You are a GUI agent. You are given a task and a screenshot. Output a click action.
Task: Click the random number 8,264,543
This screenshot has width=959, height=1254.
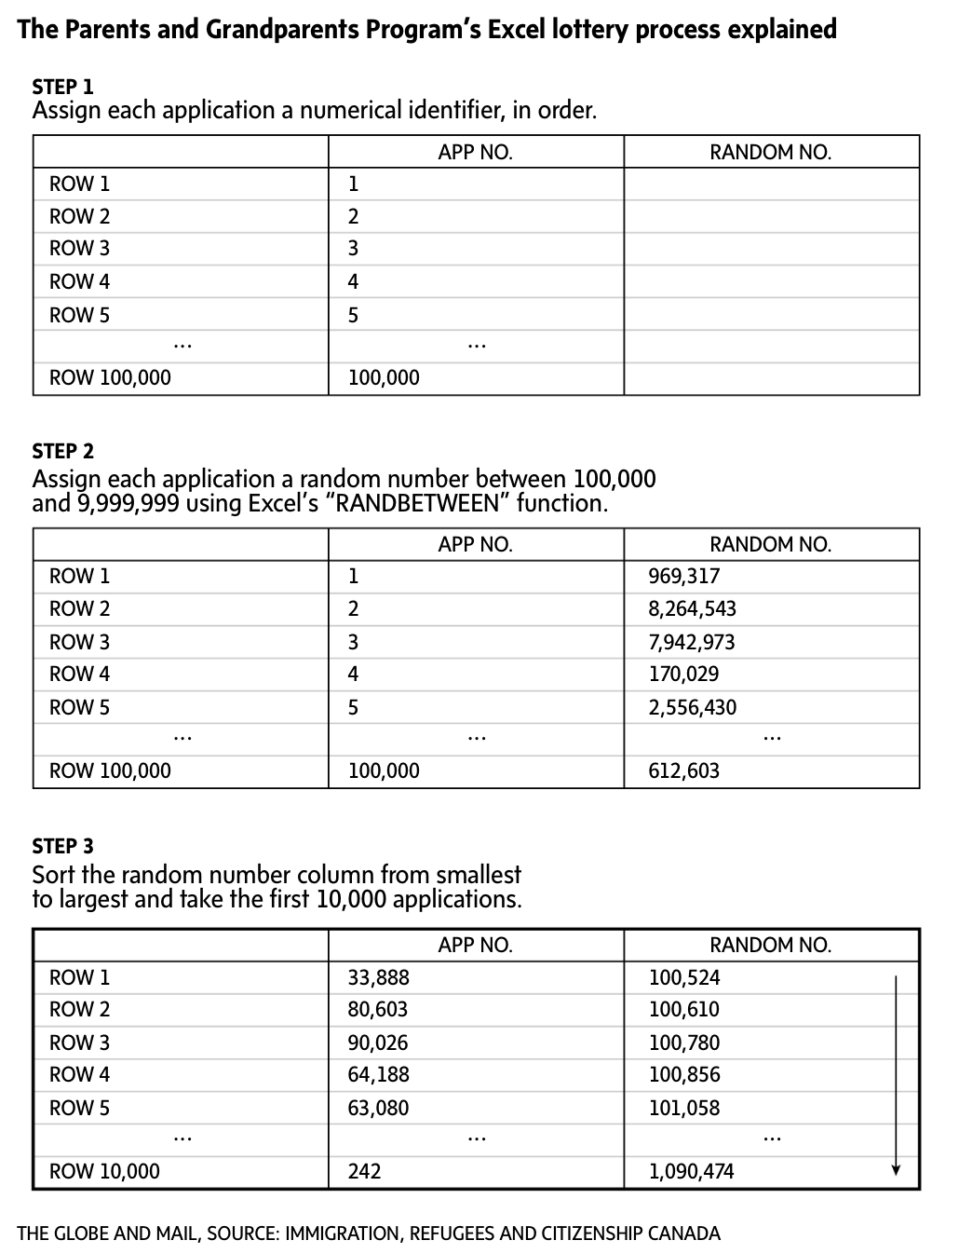pyautogui.click(x=692, y=609)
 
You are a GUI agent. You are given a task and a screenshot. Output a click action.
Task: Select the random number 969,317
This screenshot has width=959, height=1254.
pyautogui.click(x=683, y=576)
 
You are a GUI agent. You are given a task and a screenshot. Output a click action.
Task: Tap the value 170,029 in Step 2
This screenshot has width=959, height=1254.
pyautogui.click(x=683, y=674)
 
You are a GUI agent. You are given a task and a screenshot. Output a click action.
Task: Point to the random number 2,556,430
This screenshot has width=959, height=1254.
pyautogui.click(x=692, y=707)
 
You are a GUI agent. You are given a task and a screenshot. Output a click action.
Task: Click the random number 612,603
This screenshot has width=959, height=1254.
pyautogui.click(x=683, y=770)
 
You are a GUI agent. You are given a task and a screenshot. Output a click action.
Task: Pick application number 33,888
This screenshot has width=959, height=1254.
pyautogui.click(x=378, y=977)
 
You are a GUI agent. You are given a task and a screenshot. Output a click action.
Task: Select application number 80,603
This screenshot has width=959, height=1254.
pyautogui.click(x=377, y=1009)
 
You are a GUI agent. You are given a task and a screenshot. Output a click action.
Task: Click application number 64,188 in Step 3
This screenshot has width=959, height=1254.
pyautogui.click(x=378, y=1074)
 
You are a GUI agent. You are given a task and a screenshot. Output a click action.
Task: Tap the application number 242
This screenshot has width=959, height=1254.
pyautogui.click(x=364, y=1171)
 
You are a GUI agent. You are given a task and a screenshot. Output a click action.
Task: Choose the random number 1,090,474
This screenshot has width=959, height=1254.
pyautogui.click(x=691, y=1171)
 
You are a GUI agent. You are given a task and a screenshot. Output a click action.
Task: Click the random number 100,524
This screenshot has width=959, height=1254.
pyautogui.click(x=683, y=977)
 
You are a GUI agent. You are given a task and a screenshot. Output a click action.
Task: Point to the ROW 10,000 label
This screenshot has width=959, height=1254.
pyautogui.click(x=104, y=1171)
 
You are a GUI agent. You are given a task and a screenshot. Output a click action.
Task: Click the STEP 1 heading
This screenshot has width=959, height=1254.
pyautogui.click(x=62, y=87)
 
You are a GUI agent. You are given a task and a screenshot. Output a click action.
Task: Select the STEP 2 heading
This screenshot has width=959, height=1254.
pyautogui.click(x=62, y=451)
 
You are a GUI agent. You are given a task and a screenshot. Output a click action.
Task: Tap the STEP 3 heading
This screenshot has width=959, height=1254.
pyautogui.click(x=62, y=846)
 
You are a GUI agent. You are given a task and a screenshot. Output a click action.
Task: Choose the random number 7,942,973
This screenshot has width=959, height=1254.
pyautogui.click(x=692, y=642)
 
